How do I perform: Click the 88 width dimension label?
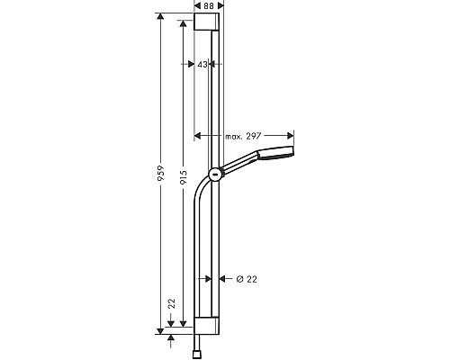[209, 6]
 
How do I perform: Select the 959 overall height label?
[161, 174]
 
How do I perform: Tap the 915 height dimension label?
[184, 179]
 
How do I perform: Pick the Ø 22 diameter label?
[246, 279]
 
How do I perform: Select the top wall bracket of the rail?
[205, 22]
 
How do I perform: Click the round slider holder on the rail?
[214, 175]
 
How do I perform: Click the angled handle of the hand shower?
[238, 164]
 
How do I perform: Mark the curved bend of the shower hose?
[202, 192]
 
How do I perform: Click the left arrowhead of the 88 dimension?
[197, 7]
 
